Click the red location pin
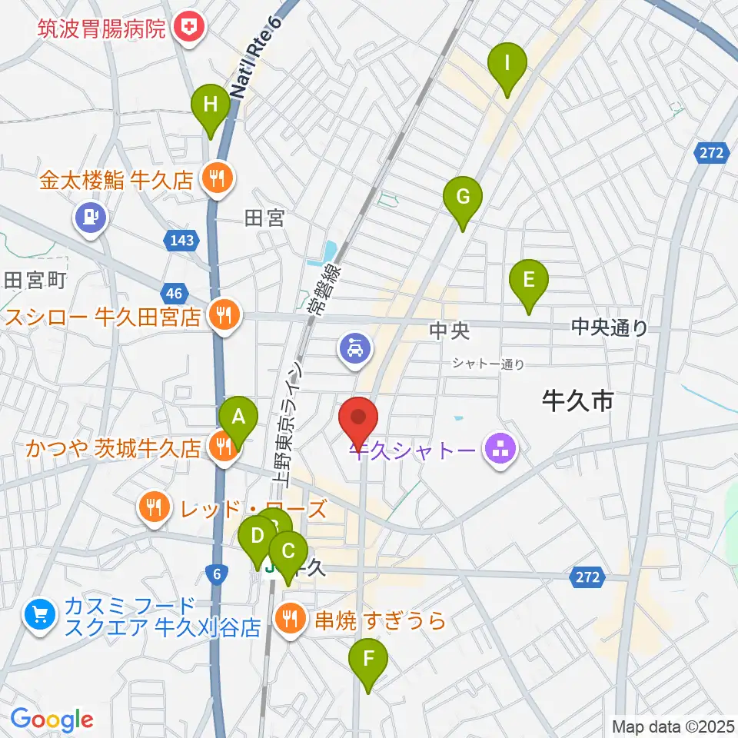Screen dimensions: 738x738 point(358,421)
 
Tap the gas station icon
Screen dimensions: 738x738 point(91,216)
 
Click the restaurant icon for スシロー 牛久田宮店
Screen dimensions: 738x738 point(223,314)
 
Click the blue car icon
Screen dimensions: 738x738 point(355,350)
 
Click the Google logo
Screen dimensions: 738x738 point(52,720)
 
